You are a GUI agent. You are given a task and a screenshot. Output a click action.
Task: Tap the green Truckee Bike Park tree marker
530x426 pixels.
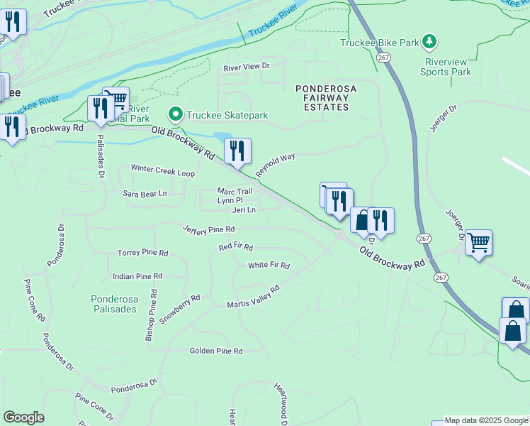(429, 43)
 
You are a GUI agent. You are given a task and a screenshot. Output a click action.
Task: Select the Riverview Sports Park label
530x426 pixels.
(445, 67)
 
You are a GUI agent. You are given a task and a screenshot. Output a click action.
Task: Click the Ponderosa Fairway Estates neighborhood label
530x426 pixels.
(326, 97)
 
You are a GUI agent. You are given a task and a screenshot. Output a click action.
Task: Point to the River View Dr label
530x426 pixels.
(247, 67)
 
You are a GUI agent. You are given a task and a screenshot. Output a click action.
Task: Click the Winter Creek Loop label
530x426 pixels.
(162, 170)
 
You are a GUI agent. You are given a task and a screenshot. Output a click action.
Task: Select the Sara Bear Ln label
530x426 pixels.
(145, 193)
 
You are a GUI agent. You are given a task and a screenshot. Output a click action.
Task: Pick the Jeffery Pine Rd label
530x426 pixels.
(208, 229)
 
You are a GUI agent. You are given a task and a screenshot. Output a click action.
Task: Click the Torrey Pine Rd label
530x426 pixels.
(143, 253)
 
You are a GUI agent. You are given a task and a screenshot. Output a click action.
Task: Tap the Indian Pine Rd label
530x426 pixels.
(137, 275)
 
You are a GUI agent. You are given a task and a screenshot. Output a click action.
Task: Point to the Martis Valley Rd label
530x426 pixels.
(253, 297)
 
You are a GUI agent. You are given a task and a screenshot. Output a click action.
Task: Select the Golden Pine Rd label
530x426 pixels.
(216, 351)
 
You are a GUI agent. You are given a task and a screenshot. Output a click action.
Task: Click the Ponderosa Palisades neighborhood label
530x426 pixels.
(114, 304)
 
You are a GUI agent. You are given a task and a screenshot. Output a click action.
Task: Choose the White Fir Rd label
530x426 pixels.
(269, 266)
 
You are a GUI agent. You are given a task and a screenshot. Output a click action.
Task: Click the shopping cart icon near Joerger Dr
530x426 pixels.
(478, 243)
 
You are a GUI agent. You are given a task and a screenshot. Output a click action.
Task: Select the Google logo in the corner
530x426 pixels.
(23, 417)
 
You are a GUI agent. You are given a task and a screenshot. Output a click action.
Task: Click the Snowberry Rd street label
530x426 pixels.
(179, 310)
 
